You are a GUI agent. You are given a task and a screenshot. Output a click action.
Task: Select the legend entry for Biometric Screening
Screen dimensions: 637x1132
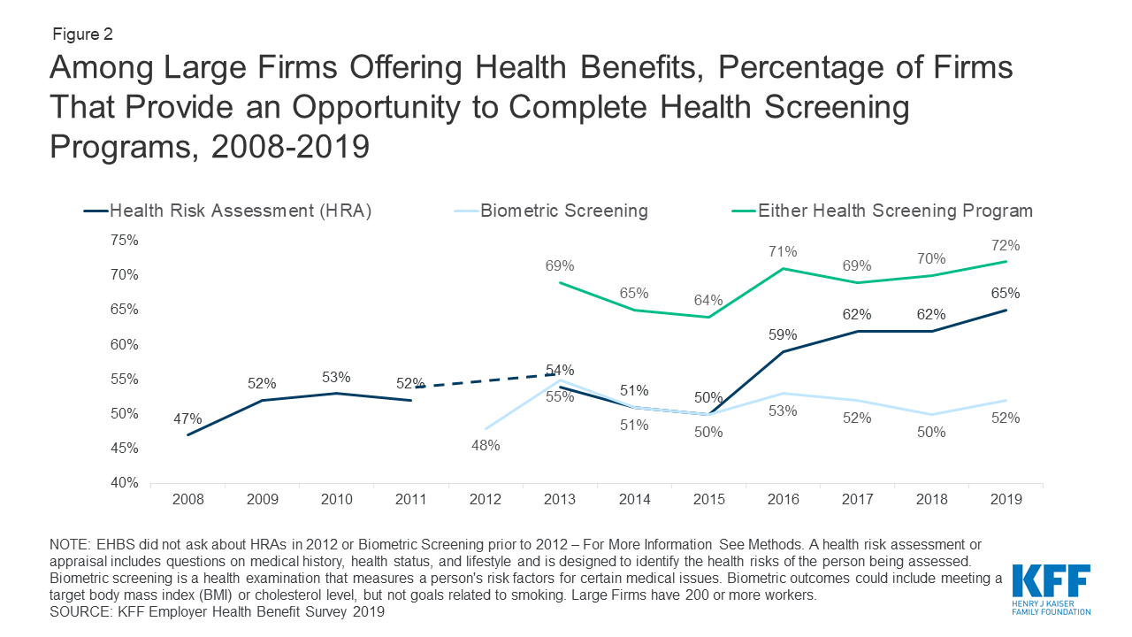[563, 211]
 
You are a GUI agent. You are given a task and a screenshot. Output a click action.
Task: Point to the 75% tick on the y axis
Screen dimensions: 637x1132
[125, 240]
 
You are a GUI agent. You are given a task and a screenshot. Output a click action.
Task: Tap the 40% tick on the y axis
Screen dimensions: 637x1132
[125, 483]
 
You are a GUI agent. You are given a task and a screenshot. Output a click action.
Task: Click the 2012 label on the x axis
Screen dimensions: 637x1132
[486, 500]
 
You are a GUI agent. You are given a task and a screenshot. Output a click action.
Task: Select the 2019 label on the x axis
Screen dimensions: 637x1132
[1006, 500]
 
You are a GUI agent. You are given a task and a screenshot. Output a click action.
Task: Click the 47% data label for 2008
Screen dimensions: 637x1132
[187, 419]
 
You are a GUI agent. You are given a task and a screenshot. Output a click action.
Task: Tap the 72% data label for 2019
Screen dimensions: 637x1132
[1006, 246]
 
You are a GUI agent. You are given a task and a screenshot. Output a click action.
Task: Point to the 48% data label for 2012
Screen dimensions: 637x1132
[486, 446]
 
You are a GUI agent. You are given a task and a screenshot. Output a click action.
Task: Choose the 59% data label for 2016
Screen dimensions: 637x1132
[783, 335]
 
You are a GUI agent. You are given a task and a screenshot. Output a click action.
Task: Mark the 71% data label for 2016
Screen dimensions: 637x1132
[783, 251]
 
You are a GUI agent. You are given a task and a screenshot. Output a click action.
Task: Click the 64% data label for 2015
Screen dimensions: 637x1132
[708, 300]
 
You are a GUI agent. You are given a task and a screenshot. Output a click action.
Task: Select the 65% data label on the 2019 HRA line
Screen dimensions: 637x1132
[1006, 294]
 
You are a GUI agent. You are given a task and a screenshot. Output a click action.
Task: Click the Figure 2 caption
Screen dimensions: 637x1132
[81, 35]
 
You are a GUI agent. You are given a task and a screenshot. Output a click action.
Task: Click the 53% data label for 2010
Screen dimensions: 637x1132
[336, 377]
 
